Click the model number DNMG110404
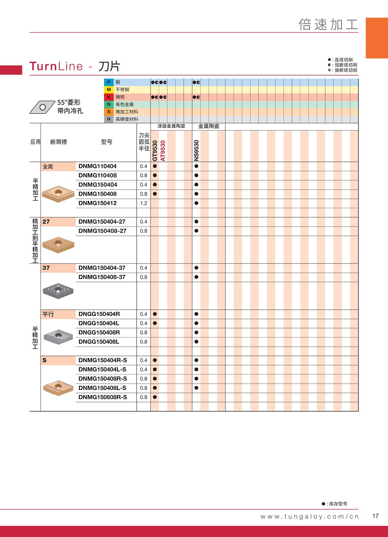click(x=98, y=166)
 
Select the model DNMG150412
click(x=98, y=203)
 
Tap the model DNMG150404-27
click(x=102, y=222)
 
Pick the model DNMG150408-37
click(x=102, y=277)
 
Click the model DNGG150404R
click(x=99, y=314)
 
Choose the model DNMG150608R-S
click(x=103, y=397)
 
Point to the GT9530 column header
click(x=155, y=150)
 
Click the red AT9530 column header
click(x=163, y=150)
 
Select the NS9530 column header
click(x=196, y=150)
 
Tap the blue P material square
click(x=109, y=82)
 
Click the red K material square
click(x=109, y=97)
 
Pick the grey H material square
click(x=109, y=119)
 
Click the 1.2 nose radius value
click(x=143, y=203)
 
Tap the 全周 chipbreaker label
click(x=48, y=167)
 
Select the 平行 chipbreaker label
click(x=48, y=314)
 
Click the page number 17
click(x=376, y=516)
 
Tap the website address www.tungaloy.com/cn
click(x=309, y=516)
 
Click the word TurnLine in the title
click(x=56, y=66)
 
